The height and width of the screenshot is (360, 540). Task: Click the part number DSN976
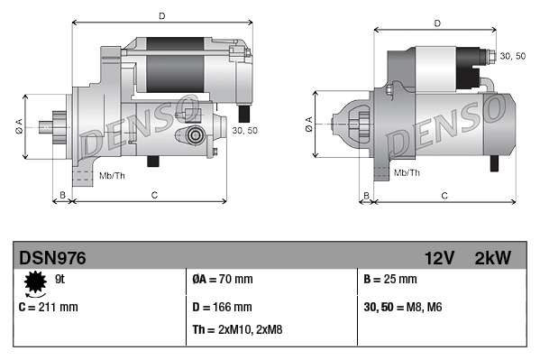(52, 258)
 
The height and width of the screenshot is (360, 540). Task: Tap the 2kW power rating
(492, 258)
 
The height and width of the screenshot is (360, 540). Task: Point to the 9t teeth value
(61, 280)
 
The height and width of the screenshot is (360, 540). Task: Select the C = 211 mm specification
(49, 307)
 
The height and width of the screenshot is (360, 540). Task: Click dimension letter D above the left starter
(161, 15)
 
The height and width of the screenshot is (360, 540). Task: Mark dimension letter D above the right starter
(436, 23)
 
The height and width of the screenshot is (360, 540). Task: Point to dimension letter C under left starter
(154, 195)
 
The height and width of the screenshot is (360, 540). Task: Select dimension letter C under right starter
(444, 195)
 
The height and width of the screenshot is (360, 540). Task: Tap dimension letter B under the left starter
(61, 195)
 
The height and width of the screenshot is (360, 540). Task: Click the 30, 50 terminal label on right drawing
(513, 56)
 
